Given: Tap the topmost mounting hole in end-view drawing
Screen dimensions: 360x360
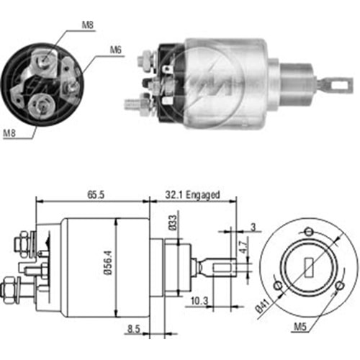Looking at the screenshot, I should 309,231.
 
